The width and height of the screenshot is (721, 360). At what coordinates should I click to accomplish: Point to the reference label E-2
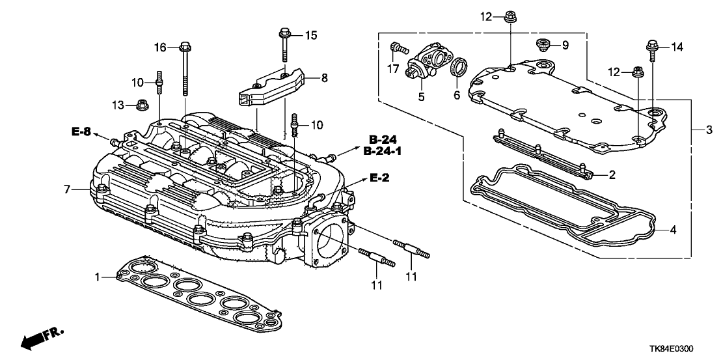pos(380,177)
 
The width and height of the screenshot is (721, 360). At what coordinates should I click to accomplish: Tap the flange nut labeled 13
pos(142,104)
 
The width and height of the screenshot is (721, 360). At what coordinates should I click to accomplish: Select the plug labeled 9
pos(540,45)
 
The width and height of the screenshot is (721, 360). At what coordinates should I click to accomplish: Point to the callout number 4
pos(673,229)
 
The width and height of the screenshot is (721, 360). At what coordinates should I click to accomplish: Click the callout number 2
pos(611,174)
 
